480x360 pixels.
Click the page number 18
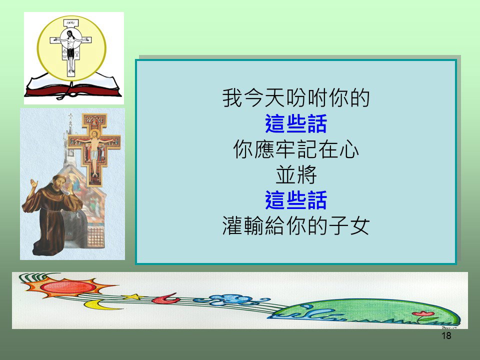click(446, 336)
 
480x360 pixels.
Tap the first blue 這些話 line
click(296, 123)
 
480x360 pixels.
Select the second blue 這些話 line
click(296, 200)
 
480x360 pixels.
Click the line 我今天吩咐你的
click(296, 98)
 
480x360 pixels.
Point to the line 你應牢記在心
click(296, 149)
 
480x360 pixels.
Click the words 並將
click(296, 175)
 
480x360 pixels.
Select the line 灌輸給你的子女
click(296, 226)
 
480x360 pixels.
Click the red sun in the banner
click(68, 287)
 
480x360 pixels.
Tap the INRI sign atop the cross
click(70, 23)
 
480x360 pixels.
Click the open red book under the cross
click(73, 86)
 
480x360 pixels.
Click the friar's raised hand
click(33, 184)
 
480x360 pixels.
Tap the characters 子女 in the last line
click(349, 226)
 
